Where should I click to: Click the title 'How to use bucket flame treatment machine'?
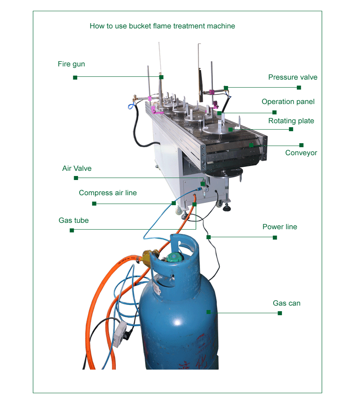click(x=162, y=26)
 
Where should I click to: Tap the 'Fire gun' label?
click(x=71, y=64)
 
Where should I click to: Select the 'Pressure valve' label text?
click(x=292, y=77)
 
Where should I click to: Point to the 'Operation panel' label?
click(x=288, y=102)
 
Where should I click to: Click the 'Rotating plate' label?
click(x=291, y=121)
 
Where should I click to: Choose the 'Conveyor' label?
click(x=301, y=153)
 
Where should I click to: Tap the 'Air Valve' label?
click(x=77, y=168)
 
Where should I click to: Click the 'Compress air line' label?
click(x=108, y=193)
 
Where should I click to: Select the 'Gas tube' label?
click(x=74, y=220)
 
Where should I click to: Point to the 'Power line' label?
click(x=280, y=227)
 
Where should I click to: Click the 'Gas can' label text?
click(x=286, y=303)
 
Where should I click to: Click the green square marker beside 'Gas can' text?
click(x=280, y=313)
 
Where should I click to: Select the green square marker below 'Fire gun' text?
click(x=75, y=77)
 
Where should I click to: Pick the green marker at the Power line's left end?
click(x=208, y=237)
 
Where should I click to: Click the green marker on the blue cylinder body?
click(x=208, y=312)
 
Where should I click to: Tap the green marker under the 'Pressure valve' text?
click(x=299, y=87)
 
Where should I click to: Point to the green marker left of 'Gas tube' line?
click(x=72, y=230)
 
